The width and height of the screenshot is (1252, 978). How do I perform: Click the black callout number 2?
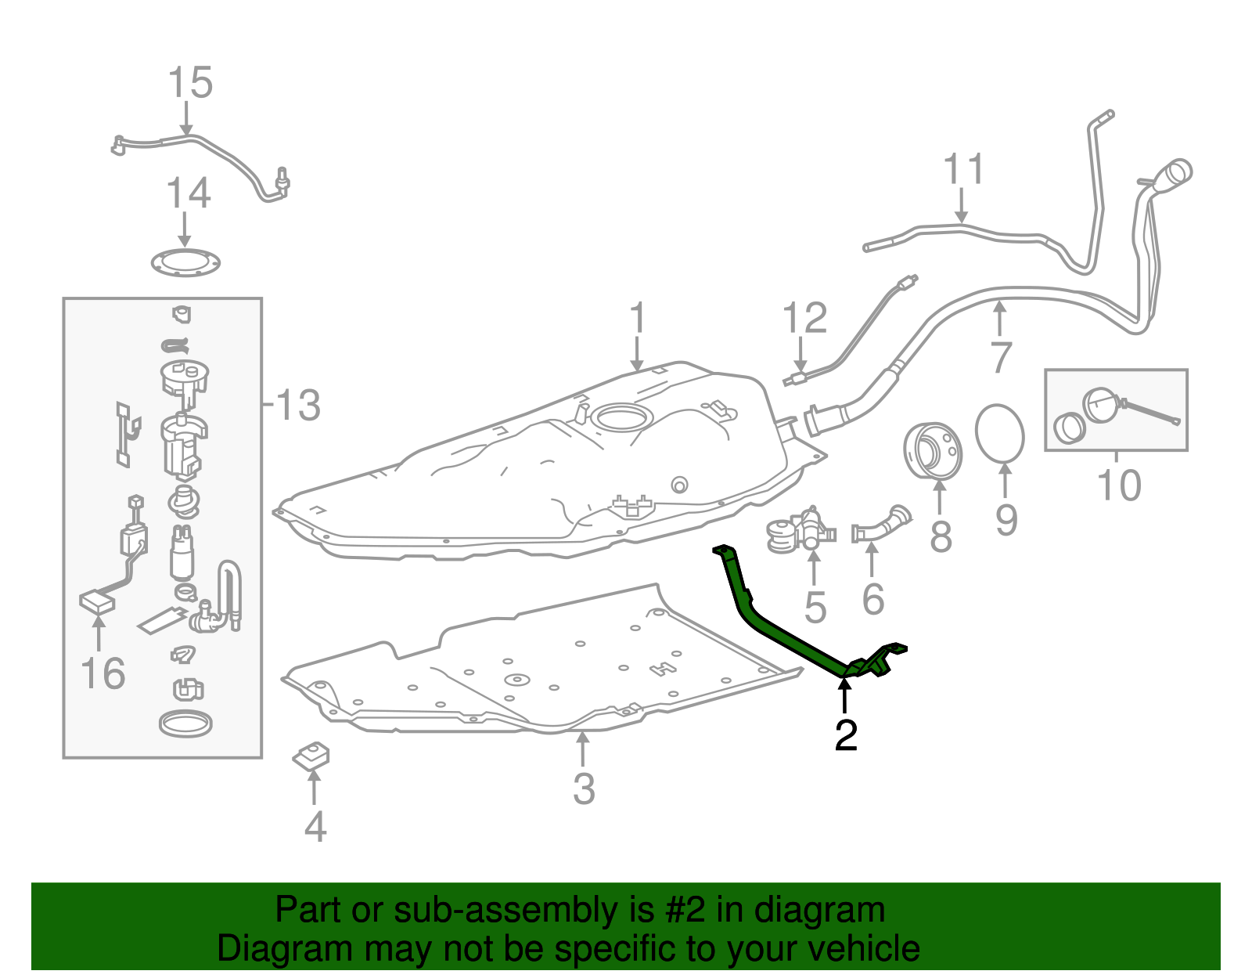pos(846,735)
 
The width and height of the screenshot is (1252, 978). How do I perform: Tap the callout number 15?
pos(190,82)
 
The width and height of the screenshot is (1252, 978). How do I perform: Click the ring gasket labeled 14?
pos(185,263)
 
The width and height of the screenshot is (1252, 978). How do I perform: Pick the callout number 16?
pos(103,673)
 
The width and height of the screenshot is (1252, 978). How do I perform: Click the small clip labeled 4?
pos(311,756)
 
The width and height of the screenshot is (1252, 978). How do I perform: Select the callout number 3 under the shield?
pos(584,789)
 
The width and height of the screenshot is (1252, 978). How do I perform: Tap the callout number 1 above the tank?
pos(638,319)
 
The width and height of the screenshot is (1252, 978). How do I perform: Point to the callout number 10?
pos(1119,485)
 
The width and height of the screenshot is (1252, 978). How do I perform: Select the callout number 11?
pos(962,168)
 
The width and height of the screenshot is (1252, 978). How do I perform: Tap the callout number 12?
pos(804,318)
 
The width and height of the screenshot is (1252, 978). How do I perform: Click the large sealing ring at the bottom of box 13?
pos(185,724)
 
